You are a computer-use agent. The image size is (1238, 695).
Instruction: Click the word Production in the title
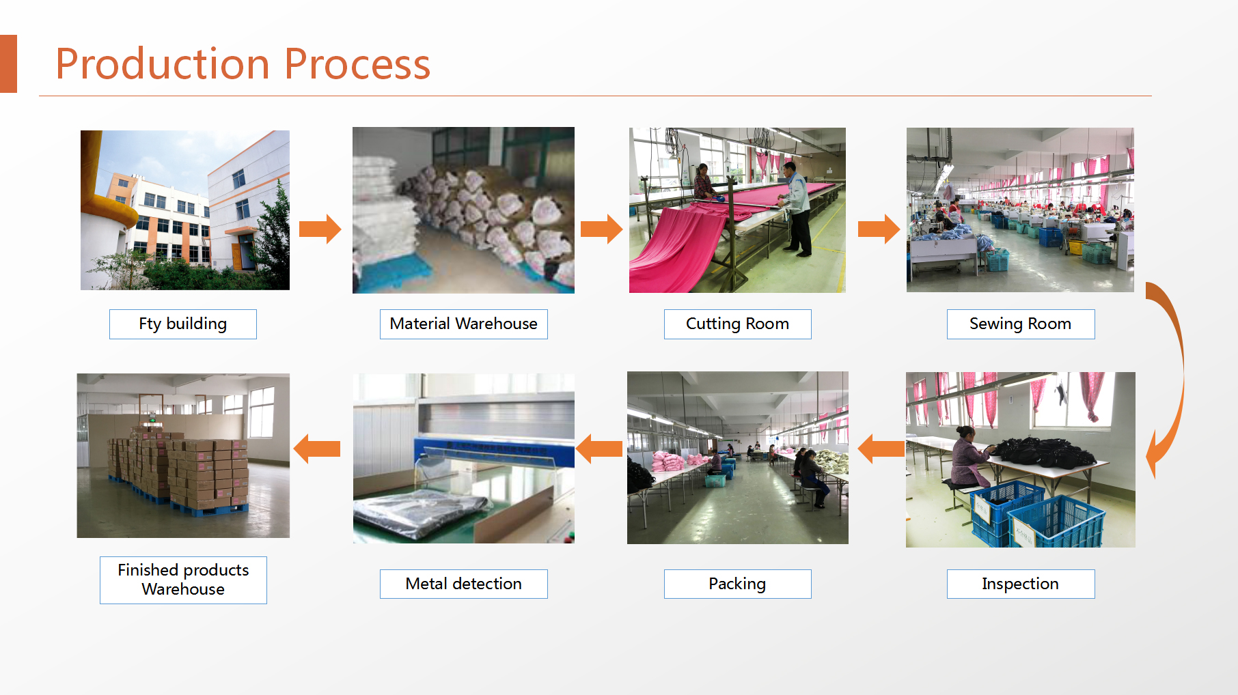pyautogui.click(x=163, y=64)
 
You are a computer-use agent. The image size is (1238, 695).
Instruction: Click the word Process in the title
pyautogui.click(x=357, y=64)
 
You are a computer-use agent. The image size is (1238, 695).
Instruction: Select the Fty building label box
pyautogui.click(x=183, y=324)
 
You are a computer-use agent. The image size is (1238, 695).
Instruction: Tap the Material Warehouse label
pyautogui.click(x=464, y=324)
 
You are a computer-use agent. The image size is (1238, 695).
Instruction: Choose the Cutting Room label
pyautogui.click(x=738, y=324)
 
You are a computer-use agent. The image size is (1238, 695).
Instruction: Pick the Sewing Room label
pyautogui.click(x=1021, y=324)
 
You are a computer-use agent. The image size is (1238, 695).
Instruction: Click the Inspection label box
pyautogui.click(x=1021, y=584)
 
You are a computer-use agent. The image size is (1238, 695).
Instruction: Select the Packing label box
pyautogui.click(x=738, y=584)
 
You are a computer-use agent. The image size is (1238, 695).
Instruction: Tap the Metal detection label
pyautogui.click(x=464, y=584)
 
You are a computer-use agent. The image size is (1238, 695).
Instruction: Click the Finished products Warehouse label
pyautogui.click(x=183, y=580)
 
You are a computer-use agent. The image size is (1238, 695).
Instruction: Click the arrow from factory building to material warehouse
pyautogui.click(x=320, y=229)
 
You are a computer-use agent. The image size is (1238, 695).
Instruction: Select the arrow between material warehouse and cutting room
pyautogui.click(x=602, y=229)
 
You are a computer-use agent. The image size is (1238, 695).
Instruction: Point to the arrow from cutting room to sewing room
pyautogui.click(x=879, y=229)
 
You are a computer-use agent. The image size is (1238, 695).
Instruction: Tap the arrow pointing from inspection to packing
pyautogui.click(x=881, y=449)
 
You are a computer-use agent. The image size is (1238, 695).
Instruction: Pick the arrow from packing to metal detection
pyautogui.click(x=599, y=449)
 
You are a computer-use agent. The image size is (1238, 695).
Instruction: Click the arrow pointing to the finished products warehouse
pyautogui.click(x=317, y=449)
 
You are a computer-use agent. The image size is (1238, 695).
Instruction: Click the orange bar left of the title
pyautogui.click(x=8, y=63)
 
